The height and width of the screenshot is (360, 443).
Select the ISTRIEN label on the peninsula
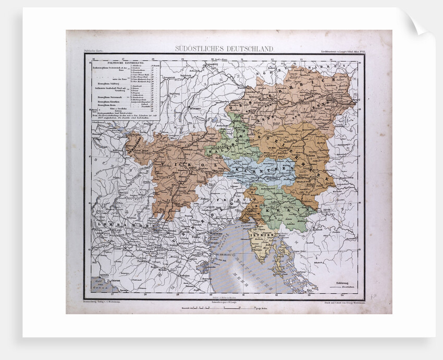click(x=260, y=235)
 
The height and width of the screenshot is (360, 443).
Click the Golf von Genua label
click(x=99, y=284)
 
